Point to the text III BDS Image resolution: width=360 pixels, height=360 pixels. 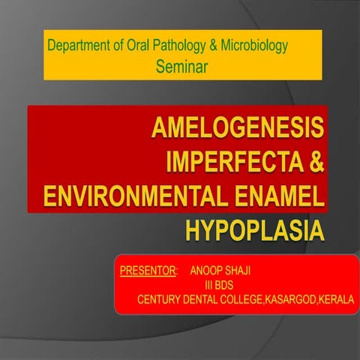tap(222, 285)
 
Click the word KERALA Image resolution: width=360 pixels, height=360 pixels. tap(337, 300)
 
